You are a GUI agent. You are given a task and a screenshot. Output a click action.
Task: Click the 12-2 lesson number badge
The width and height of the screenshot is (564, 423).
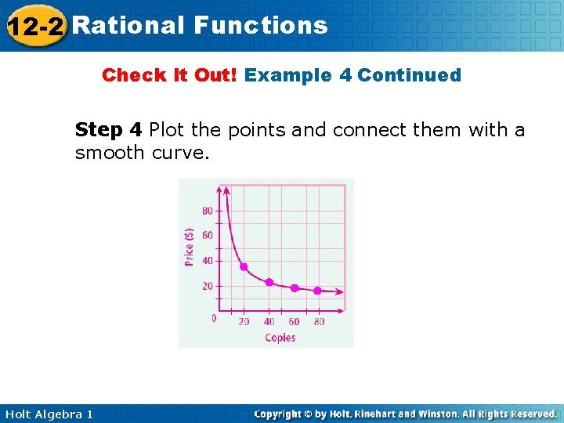[35, 26]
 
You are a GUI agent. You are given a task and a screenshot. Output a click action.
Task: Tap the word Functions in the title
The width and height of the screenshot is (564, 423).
[260, 25]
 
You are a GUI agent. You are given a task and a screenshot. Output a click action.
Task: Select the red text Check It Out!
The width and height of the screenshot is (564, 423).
[170, 75]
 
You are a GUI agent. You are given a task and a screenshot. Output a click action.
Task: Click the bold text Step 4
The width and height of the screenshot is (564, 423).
[108, 129]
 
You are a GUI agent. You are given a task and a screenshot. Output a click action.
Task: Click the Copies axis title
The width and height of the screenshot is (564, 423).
[280, 338]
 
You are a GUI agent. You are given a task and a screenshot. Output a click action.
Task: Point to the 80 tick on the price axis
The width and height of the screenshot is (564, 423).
[208, 211]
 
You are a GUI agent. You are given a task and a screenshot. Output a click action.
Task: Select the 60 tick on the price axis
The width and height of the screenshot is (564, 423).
[208, 236]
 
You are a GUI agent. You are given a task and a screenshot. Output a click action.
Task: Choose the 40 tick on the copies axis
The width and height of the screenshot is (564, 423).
[269, 321]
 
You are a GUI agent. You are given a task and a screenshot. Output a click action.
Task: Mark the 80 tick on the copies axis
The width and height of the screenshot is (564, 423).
[318, 321]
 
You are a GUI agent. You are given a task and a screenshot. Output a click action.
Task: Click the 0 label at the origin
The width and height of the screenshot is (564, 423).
[214, 318]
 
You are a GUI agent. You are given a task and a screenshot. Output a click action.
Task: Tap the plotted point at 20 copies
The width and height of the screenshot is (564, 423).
[244, 267]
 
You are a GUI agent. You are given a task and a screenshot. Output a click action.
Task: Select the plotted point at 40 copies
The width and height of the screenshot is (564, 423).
[269, 282]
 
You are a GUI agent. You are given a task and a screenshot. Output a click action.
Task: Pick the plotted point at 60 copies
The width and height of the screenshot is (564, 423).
[295, 287]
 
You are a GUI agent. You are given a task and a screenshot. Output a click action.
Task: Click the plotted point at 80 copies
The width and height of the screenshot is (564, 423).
[317, 291]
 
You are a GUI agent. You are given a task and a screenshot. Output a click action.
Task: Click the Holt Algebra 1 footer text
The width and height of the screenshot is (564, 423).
[49, 414]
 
